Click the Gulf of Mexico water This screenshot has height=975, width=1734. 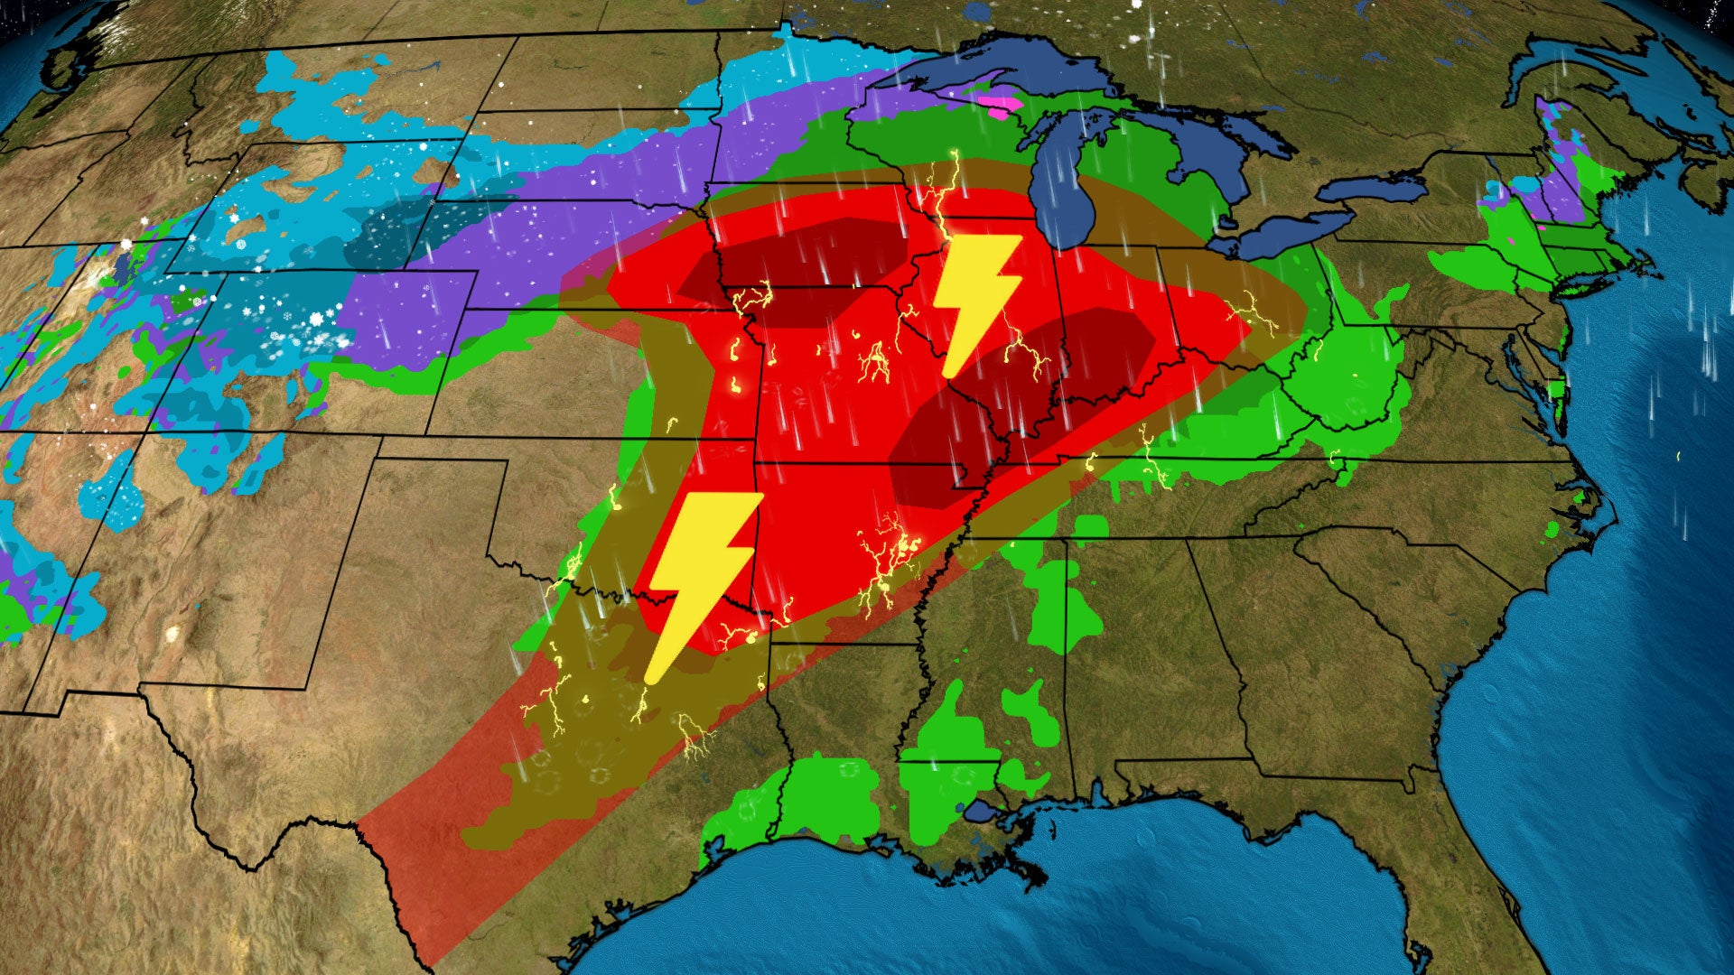click(1129, 903)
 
